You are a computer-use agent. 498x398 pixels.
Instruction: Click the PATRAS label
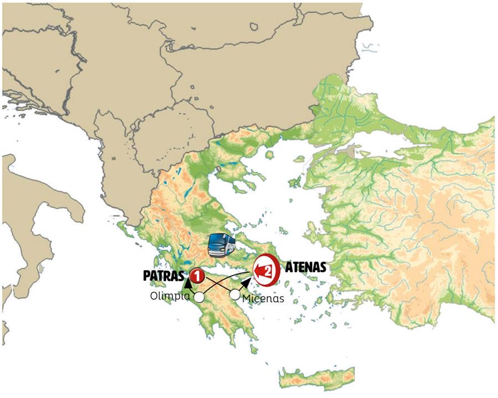164,275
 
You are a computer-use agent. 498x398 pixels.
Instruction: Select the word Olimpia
170,296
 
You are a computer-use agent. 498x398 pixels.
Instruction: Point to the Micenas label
263,298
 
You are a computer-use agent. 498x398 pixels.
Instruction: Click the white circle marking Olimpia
199,298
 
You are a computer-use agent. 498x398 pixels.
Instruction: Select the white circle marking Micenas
235,295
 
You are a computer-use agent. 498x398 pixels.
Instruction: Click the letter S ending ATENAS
321,268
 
